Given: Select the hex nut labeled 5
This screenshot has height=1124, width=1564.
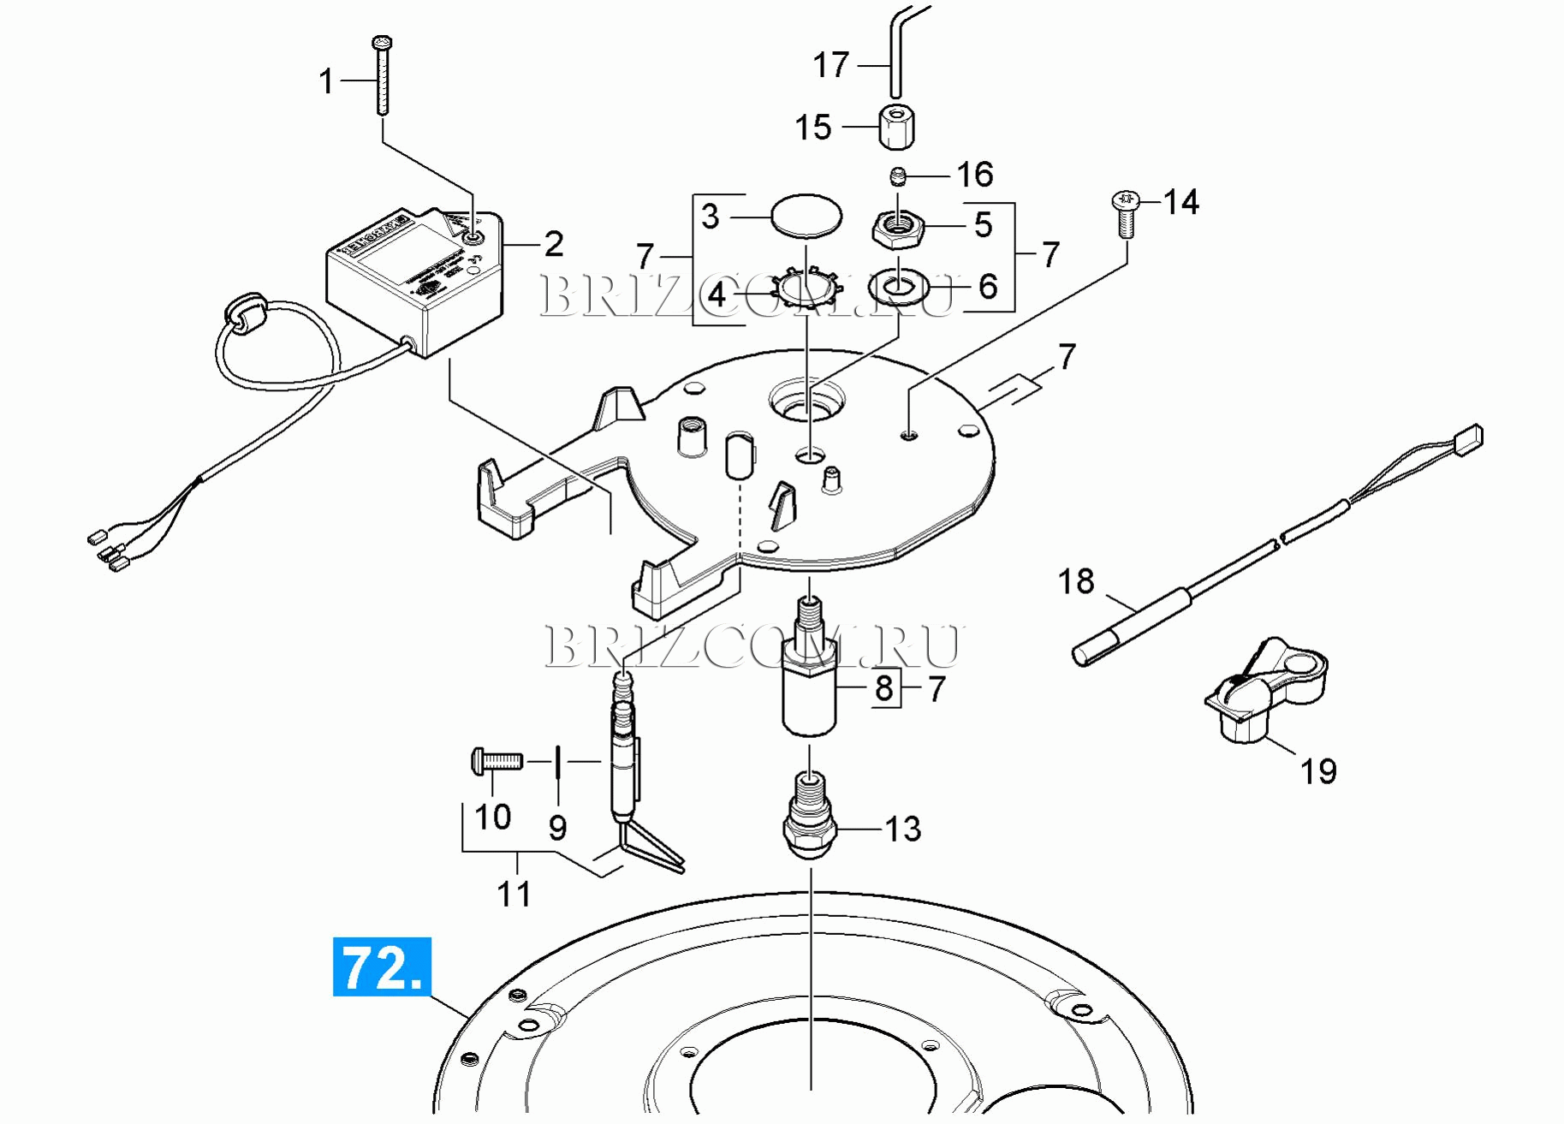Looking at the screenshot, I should (897, 228).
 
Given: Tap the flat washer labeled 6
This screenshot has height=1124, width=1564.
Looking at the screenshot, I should (898, 288).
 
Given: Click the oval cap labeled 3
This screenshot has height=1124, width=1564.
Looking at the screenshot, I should (806, 215).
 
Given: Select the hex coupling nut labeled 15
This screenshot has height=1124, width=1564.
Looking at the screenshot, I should (896, 127).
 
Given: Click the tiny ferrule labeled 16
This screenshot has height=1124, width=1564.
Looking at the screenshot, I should (897, 176).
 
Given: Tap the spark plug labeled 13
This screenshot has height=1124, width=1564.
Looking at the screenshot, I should (810, 820).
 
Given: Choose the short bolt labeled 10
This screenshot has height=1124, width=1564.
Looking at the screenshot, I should (496, 760).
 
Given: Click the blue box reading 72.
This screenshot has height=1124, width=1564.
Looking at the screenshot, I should (382, 967).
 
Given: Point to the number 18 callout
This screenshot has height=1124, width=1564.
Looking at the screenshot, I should (1076, 582).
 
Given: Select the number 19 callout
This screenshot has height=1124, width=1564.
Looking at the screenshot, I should (1318, 772).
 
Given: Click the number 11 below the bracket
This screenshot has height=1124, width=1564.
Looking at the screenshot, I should (514, 895).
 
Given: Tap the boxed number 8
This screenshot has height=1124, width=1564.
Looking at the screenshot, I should (884, 687).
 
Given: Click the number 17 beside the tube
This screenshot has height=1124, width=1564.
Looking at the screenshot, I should (830, 65).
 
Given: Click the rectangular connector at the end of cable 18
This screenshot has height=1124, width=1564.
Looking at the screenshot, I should (1469, 439).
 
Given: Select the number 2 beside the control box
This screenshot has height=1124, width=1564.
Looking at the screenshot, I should (554, 245).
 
